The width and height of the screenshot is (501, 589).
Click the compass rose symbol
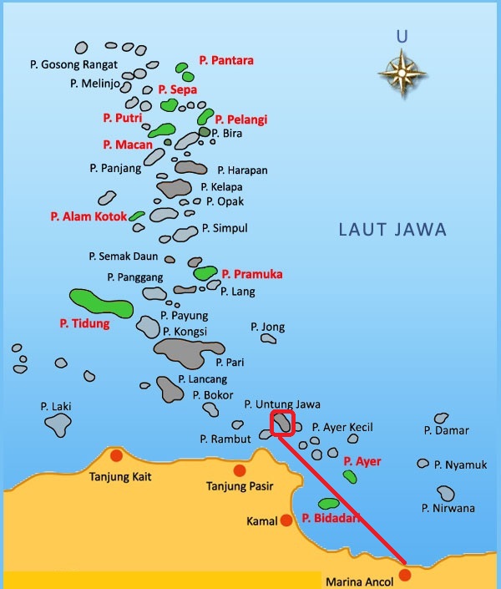click(x=402, y=74)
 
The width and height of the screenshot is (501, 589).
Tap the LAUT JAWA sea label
click(x=392, y=230)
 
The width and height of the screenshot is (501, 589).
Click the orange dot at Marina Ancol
click(x=406, y=574)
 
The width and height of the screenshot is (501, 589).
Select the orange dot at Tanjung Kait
click(x=116, y=455)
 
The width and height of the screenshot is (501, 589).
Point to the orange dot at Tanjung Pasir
click(x=240, y=470)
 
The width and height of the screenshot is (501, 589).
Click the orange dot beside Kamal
click(x=286, y=520)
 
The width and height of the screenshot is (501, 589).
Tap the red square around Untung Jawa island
click(x=283, y=424)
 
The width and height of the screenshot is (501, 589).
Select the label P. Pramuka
click(x=252, y=274)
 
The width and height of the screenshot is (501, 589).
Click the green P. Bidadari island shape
click(x=329, y=504)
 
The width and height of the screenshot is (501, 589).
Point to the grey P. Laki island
click(x=57, y=424)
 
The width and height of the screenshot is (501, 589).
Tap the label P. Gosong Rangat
click(x=73, y=64)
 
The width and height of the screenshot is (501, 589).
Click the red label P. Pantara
click(x=226, y=60)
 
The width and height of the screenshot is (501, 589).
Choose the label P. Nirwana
click(x=448, y=508)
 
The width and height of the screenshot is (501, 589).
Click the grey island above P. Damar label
click(x=441, y=418)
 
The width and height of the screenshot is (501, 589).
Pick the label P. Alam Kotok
click(x=89, y=216)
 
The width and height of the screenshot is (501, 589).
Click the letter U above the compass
click(x=402, y=36)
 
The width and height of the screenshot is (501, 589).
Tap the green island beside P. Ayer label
click(x=350, y=476)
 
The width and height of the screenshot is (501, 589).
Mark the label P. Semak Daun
click(x=124, y=256)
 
